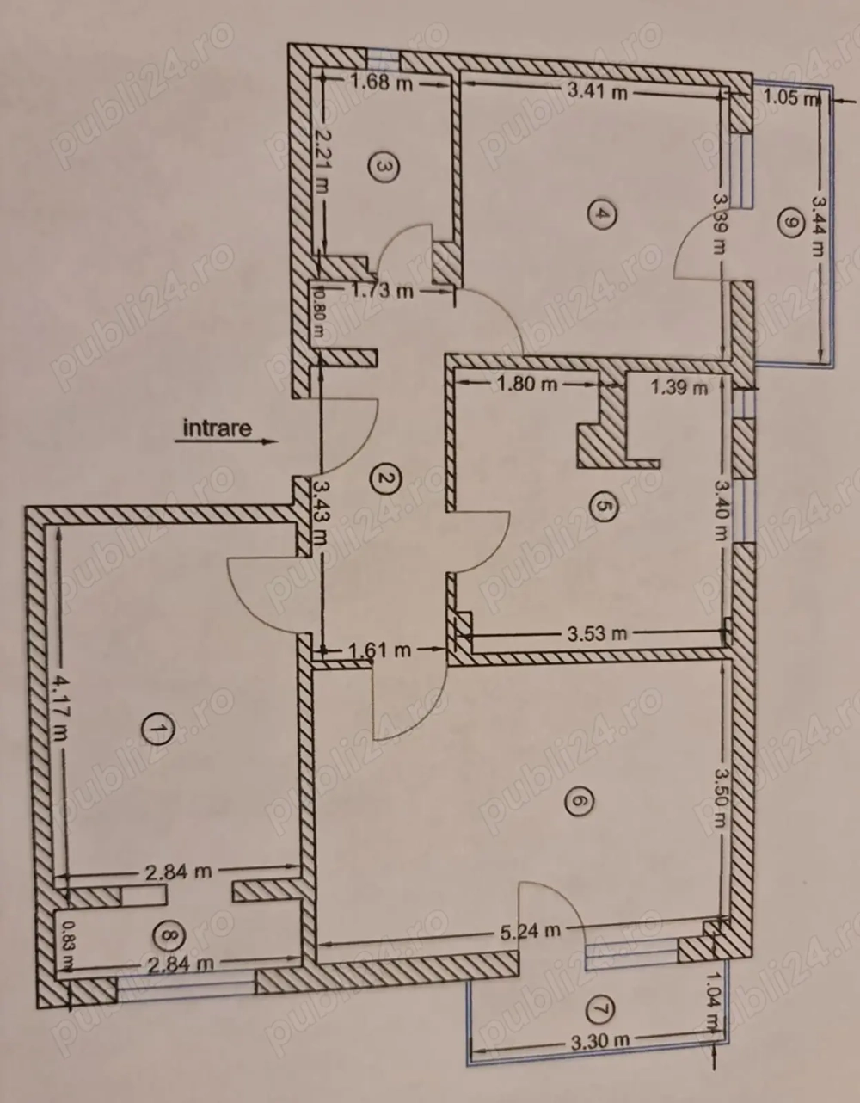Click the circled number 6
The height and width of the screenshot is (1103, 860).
[x=577, y=802]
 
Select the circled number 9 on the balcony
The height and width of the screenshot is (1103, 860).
[x=788, y=222]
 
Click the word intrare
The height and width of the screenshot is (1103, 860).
[x=217, y=428]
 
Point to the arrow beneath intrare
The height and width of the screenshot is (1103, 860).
[x=226, y=442]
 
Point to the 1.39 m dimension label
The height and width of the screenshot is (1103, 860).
[x=679, y=387]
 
